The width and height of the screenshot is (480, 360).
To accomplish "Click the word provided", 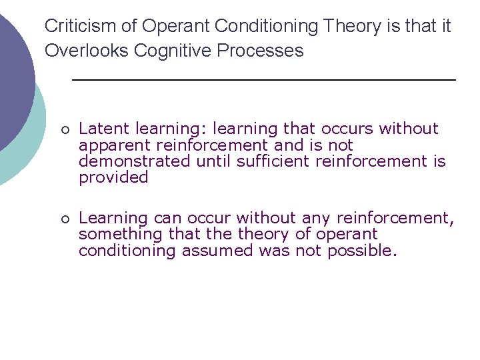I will click(113, 177).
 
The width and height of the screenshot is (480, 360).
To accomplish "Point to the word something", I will click(120, 235).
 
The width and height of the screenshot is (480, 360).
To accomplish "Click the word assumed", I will click(219, 251).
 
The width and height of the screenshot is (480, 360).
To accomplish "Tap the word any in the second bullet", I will click(315, 218).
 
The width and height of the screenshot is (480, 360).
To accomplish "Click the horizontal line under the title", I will click(263, 80).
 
